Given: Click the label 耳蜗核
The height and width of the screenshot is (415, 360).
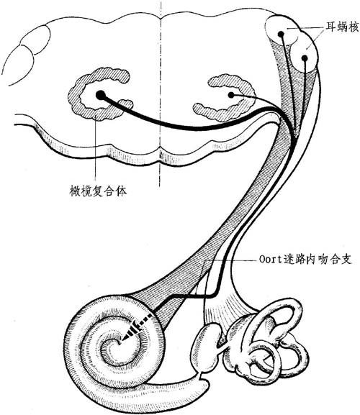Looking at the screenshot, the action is (x=341, y=27).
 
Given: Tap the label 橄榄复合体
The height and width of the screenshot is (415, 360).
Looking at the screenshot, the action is (x=97, y=191).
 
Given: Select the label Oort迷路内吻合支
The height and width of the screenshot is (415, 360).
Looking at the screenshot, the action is (x=305, y=260).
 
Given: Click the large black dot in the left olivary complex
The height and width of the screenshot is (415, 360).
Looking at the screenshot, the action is (x=100, y=95).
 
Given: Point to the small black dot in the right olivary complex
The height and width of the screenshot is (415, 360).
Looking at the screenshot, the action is (x=231, y=95).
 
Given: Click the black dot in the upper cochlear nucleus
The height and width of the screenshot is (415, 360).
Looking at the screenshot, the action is (x=281, y=34).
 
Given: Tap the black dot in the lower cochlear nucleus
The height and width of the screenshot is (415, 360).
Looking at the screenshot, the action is (x=305, y=58).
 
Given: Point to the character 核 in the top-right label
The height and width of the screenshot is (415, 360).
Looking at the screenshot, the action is (x=353, y=27).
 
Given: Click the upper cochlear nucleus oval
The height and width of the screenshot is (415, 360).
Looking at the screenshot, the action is (x=282, y=29).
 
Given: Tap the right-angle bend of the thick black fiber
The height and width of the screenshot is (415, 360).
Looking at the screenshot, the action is (x=215, y=296).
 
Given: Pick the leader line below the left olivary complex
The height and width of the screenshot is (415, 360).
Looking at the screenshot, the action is (x=94, y=148).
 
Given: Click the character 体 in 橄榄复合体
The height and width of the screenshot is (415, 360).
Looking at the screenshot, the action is (x=121, y=191).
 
